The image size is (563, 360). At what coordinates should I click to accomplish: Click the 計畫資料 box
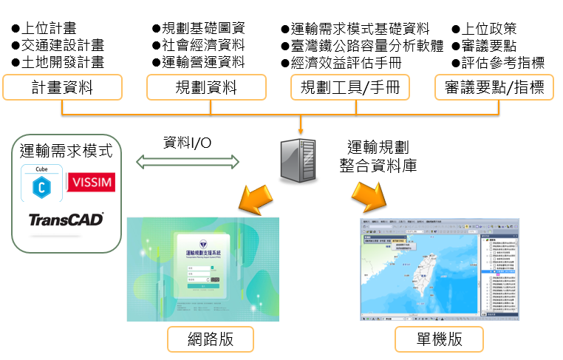tap(62, 89)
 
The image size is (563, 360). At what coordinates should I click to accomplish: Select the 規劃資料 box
tap(205, 89)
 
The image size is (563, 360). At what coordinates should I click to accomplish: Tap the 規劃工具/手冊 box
tap(349, 89)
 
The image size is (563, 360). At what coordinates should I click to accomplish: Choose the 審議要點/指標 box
tap(494, 89)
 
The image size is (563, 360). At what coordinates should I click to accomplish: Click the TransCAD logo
tap(66, 220)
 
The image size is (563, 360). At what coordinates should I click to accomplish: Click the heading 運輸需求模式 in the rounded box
tap(66, 152)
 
